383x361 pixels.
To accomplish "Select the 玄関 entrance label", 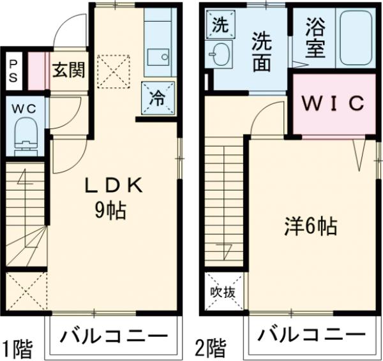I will (68, 70).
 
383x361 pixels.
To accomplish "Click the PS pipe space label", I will (13, 71).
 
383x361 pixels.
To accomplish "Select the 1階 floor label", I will (17, 348).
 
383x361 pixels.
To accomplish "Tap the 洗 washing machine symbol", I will (219, 26).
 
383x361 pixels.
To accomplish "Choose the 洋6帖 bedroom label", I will (311, 226).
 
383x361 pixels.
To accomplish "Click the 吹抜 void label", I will (223, 293).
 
